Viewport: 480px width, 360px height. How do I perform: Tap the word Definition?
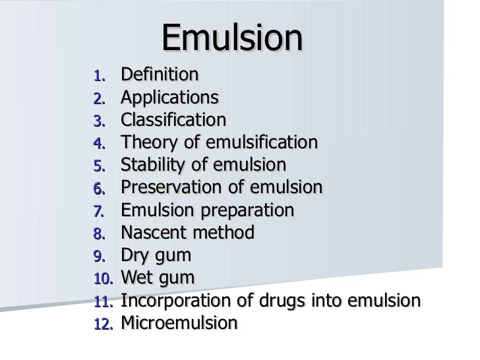pos(159,75)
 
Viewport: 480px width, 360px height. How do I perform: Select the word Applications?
pos(169,98)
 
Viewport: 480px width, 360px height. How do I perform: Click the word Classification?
pos(173,120)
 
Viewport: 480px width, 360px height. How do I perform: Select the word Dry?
pos(136,256)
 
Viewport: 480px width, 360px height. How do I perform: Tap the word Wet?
pos(138,278)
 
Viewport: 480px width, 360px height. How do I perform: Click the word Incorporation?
pos(173,301)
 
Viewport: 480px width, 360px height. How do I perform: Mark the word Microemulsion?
pos(179,323)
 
